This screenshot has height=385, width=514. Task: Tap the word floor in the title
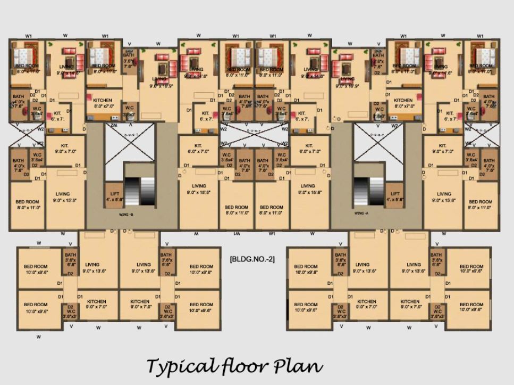click(245, 366)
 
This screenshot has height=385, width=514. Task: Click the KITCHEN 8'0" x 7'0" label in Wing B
click(102, 103)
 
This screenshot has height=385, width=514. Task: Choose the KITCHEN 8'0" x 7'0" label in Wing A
click(403, 103)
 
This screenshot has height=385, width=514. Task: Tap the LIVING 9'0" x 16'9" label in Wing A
click(347, 82)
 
